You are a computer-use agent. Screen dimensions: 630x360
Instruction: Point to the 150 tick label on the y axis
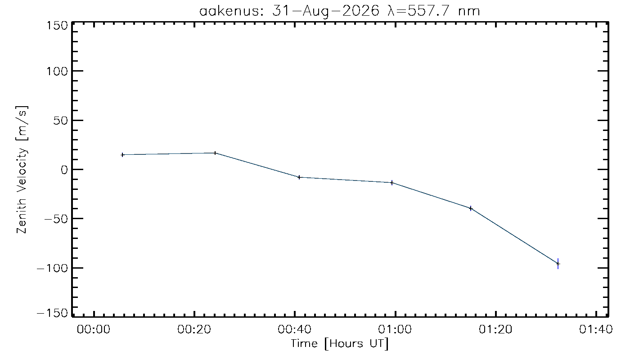57,26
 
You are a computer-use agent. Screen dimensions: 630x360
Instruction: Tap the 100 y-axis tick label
57,72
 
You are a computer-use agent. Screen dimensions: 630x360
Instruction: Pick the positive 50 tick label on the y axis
60,121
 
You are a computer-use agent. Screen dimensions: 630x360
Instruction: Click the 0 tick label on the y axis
64,170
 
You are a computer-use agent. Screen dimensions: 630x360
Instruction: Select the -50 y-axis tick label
56,219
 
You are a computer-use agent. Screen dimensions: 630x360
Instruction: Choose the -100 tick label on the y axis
53,268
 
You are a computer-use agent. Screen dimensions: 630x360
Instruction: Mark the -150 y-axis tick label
53,313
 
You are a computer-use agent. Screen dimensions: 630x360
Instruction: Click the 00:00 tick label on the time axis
94,329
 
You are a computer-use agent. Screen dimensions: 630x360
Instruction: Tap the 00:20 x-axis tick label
194,329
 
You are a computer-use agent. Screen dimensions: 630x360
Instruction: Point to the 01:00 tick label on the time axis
395,329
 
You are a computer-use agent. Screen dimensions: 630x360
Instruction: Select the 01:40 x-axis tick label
596,329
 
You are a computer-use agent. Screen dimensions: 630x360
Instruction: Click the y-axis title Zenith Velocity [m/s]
22,170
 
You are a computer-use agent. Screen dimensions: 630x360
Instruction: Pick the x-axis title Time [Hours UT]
340,344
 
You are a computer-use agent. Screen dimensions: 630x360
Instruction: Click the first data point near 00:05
122,155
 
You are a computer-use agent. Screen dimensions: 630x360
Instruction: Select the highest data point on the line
215,153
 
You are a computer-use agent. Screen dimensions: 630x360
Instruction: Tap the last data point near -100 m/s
558,264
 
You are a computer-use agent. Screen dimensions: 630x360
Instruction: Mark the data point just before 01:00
392,183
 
